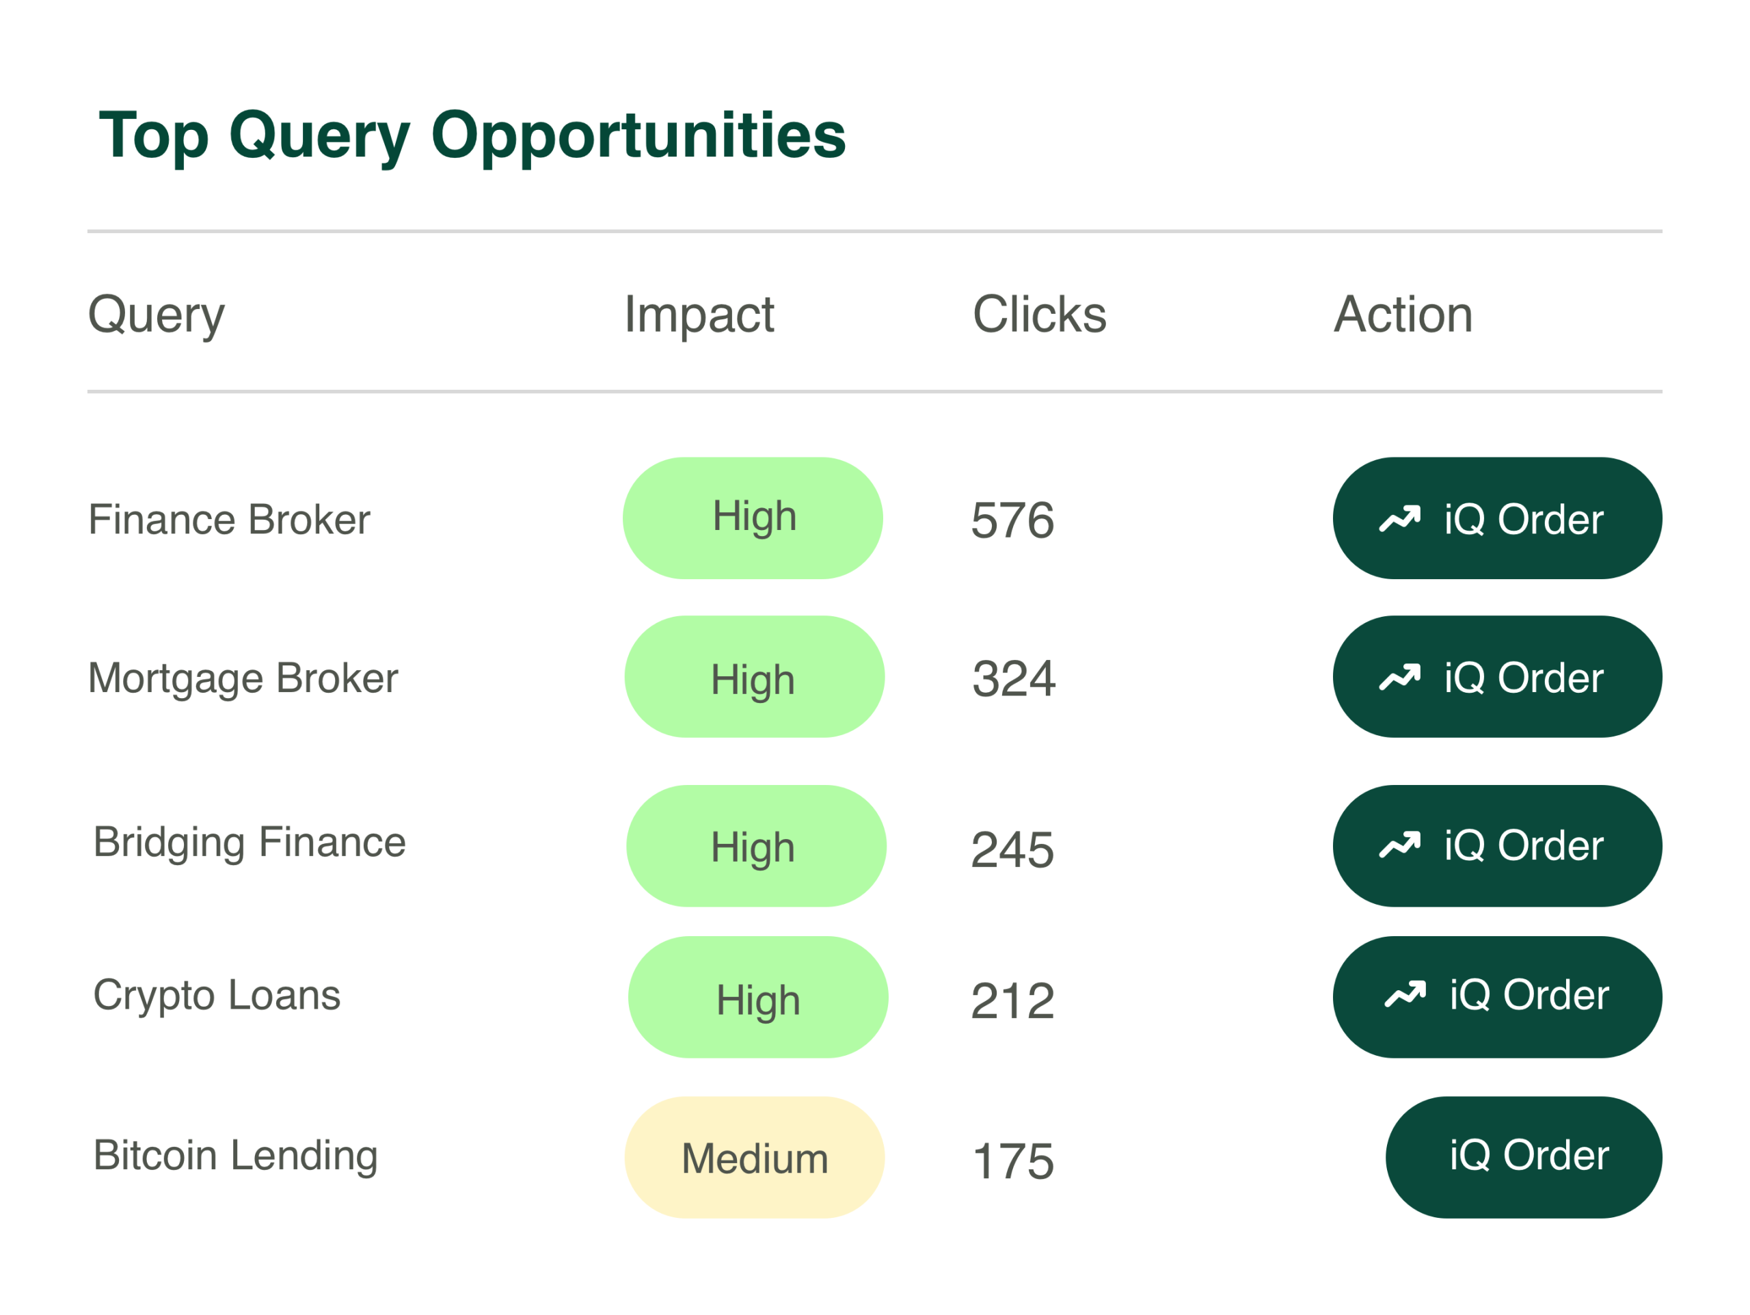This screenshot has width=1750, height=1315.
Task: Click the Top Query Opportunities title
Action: point(472,135)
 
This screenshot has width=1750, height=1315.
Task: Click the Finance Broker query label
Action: point(228,520)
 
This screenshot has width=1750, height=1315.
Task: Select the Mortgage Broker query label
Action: point(243,678)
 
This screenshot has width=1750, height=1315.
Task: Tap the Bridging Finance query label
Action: point(250,842)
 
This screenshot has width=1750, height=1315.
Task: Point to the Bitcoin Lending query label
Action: point(235,1155)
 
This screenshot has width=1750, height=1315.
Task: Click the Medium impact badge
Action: point(754,1157)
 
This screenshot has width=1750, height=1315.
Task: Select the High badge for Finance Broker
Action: point(753,518)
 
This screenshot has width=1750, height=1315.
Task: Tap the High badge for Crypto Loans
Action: point(758,997)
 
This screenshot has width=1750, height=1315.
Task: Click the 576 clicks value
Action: point(1012,520)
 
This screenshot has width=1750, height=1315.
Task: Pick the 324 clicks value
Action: point(1014,679)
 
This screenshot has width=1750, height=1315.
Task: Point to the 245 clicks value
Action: point(1012,850)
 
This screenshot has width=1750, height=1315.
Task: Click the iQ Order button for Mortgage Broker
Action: point(1497,676)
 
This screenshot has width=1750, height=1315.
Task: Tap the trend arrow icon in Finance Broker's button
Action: point(1399,519)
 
